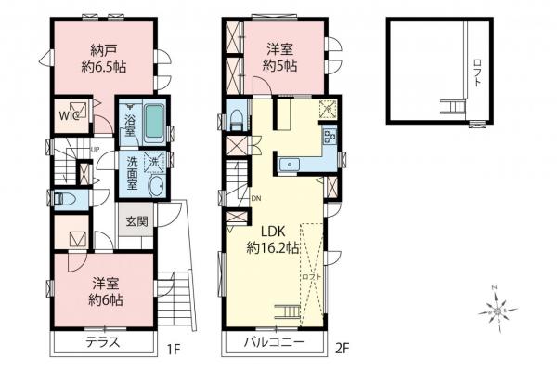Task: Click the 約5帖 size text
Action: coord(279,67)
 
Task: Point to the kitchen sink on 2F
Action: coord(291,165)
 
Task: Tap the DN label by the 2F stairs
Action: coord(255,198)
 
